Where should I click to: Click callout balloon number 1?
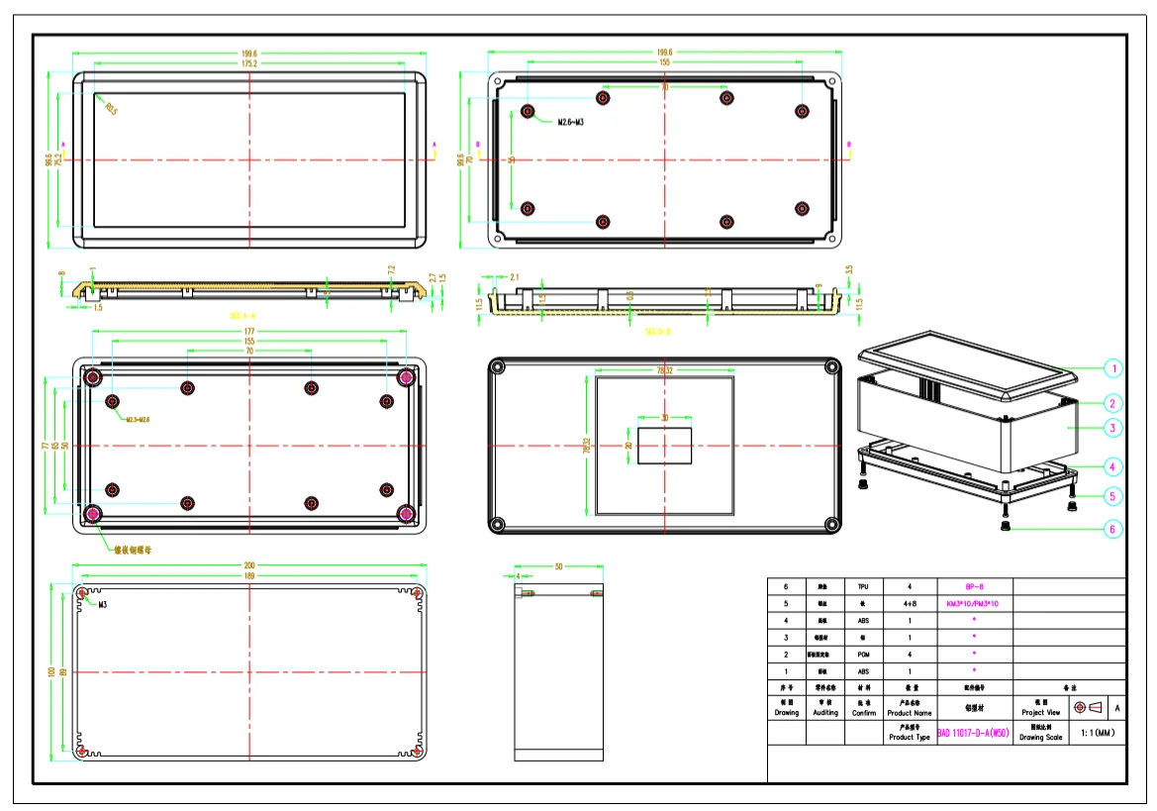[x=1112, y=368]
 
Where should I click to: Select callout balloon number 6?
[x=1112, y=530]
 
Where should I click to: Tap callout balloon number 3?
[x=1112, y=429]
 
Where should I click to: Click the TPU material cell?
[x=863, y=587]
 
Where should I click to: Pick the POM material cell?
[x=863, y=655]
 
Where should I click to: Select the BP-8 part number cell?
[x=974, y=587]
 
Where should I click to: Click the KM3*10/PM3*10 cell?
[x=974, y=604]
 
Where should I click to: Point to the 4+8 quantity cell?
[x=909, y=604]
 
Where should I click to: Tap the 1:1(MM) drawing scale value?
[x=1097, y=734]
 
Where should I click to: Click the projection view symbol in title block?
[x=1089, y=708]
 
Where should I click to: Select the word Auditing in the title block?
[x=824, y=712]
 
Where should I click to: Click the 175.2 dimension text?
[x=248, y=63]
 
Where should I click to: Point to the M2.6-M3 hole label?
[x=575, y=122]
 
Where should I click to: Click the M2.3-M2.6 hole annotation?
[x=138, y=420]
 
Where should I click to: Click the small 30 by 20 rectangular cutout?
[x=664, y=447]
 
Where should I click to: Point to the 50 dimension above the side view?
[x=558, y=566]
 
